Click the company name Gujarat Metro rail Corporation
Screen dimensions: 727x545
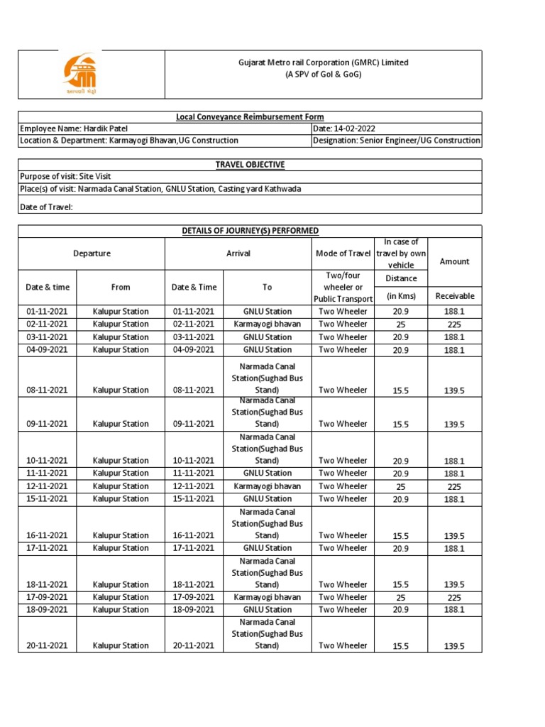point(323,62)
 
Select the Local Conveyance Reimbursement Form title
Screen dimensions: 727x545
point(250,117)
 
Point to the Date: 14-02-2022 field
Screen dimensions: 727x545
point(344,129)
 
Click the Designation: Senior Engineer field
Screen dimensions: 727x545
point(396,141)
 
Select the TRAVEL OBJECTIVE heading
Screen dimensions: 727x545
point(250,165)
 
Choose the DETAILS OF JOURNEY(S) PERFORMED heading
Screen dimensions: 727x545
point(250,231)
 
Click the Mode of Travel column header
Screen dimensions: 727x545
point(343,253)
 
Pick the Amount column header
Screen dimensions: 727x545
point(454,261)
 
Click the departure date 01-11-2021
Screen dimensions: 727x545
point(47,312)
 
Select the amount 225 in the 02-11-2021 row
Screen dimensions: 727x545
point(454,324)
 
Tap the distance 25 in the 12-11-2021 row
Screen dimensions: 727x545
point(402,487)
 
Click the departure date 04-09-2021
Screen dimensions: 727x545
point(47,349)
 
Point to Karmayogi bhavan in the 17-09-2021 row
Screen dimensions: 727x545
point(267,597)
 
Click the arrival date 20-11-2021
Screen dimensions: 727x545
point(193,645)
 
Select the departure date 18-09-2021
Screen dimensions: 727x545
point(47,609)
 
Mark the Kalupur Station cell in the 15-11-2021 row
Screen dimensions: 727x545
point(121,498)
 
